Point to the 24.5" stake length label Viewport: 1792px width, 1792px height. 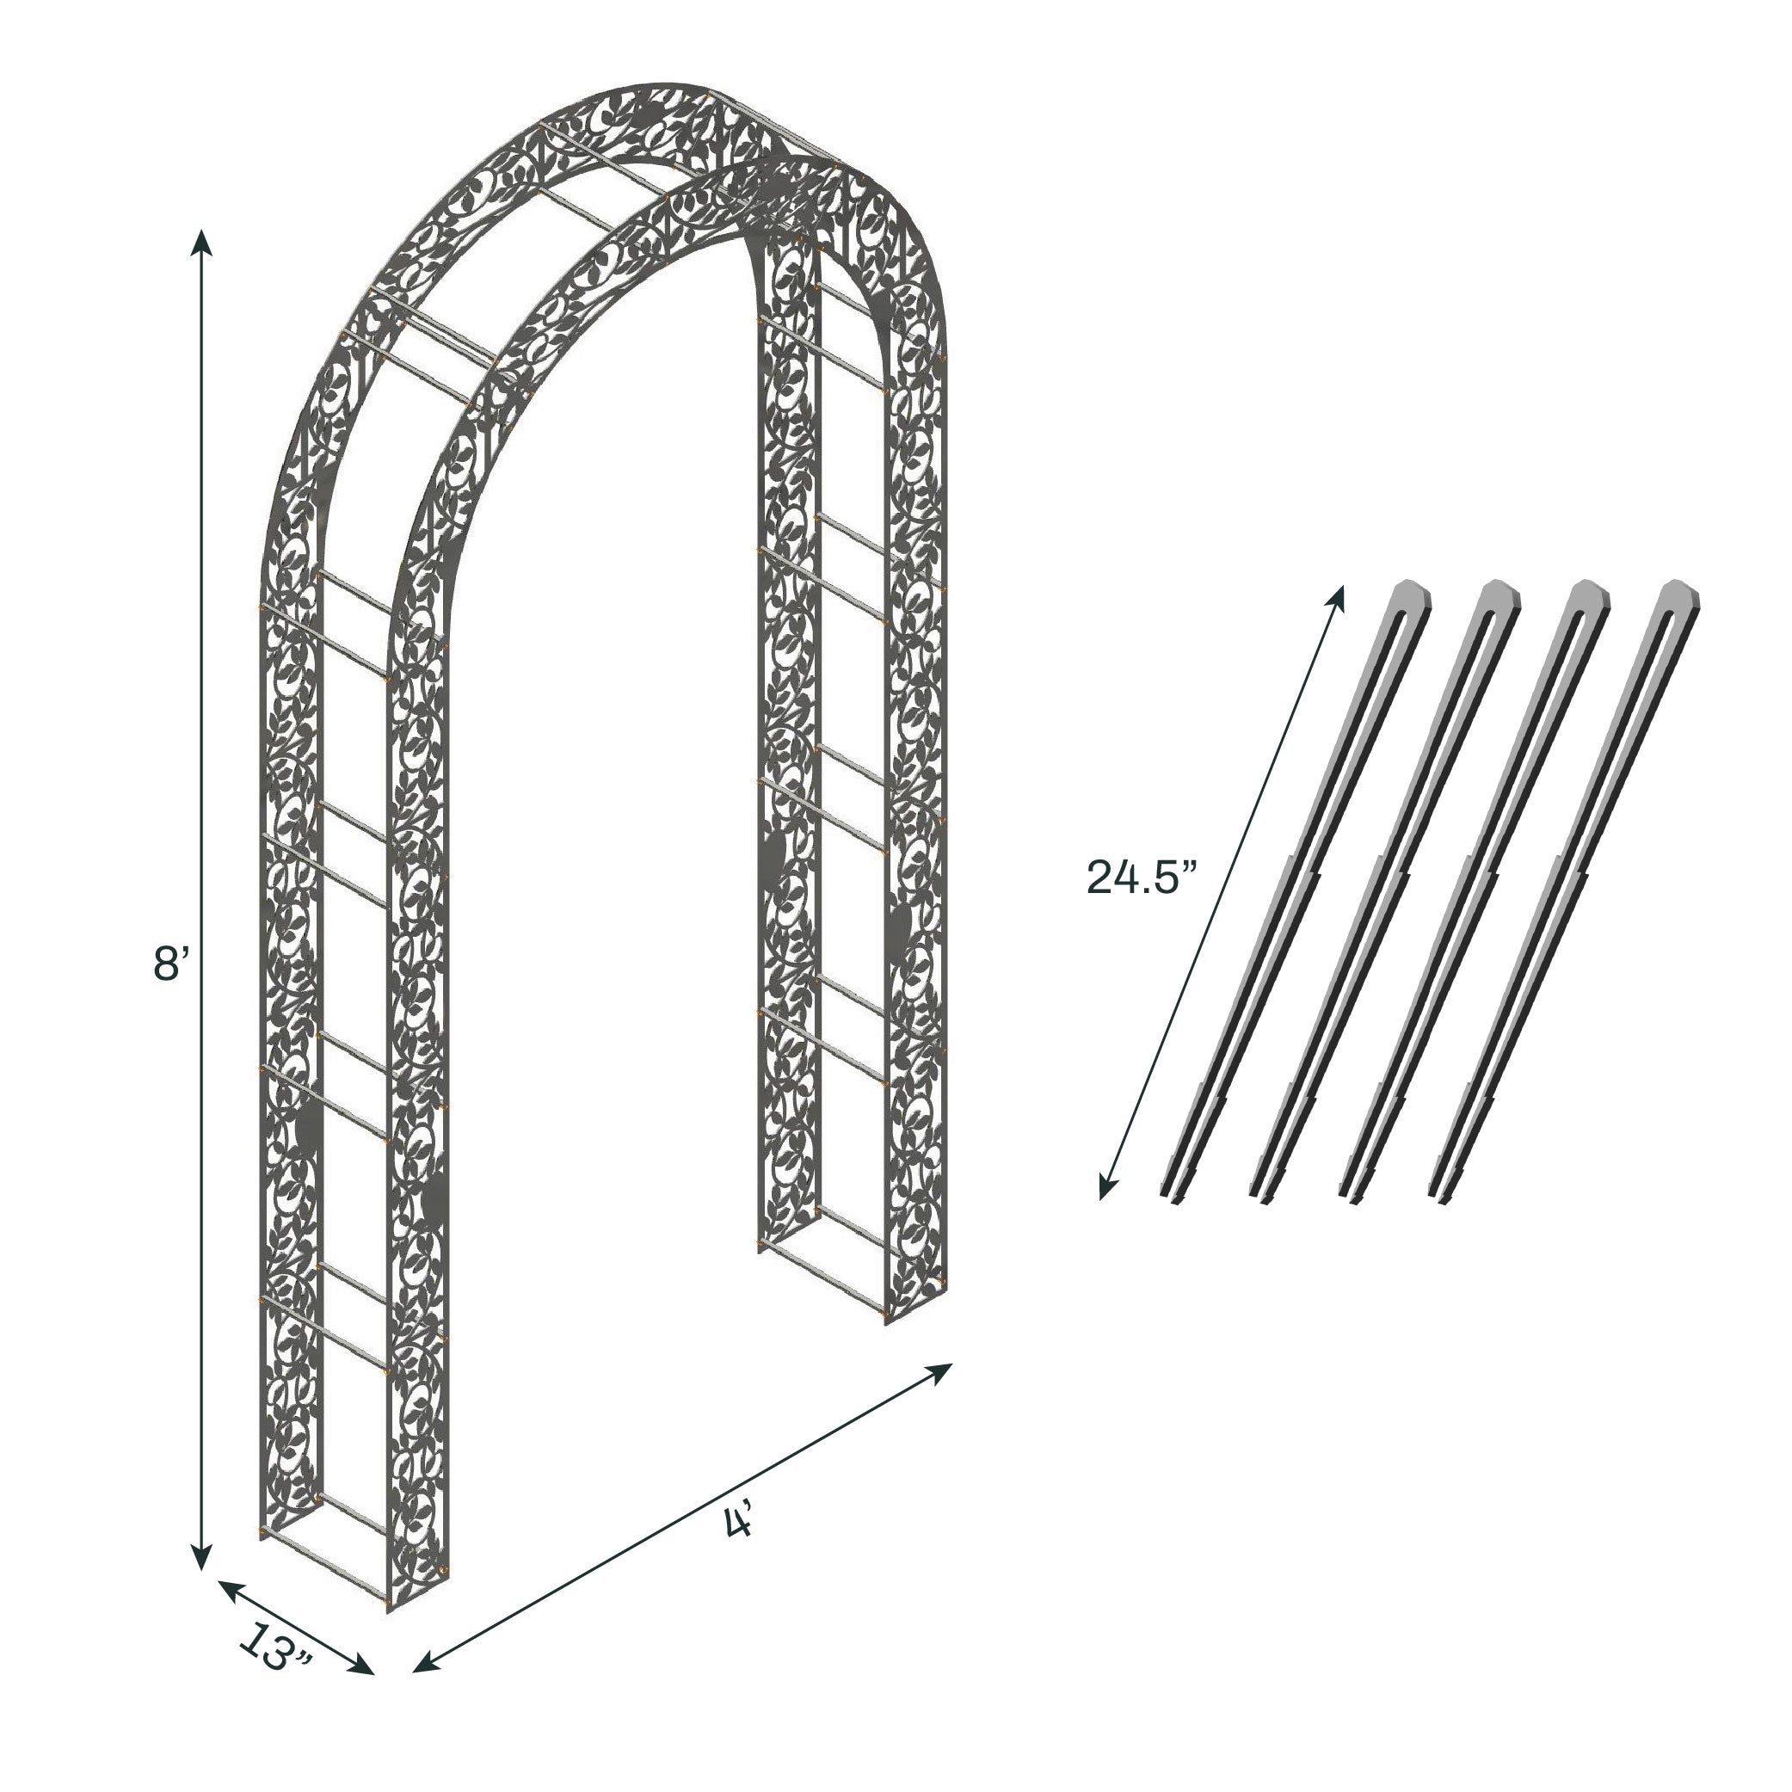pos(1142,877)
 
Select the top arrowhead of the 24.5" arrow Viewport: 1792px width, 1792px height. pos(1338,598)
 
